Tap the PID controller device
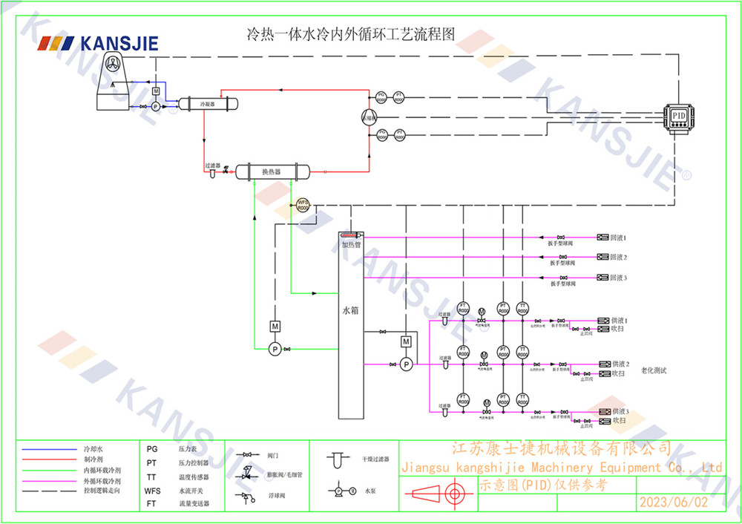(678, 117)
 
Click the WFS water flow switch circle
(303, 205)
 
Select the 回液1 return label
(618, 238)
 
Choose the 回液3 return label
(618, 278)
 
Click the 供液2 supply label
(620, 364)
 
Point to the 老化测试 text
(654, 370)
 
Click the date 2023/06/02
(673, 502)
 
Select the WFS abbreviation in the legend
(152, 491)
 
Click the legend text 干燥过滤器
(375, 460)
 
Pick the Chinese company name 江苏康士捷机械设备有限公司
(561, 448)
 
